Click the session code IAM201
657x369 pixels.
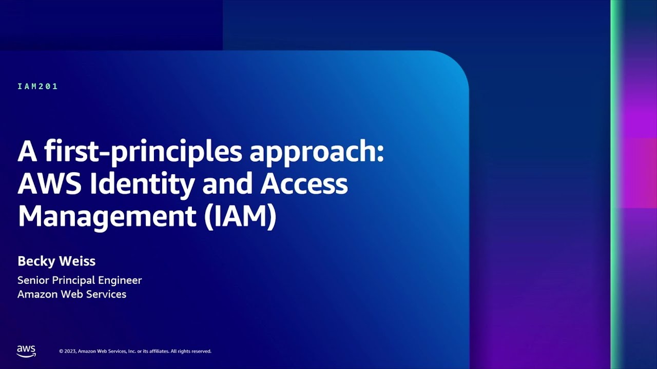click(x=37, y=87)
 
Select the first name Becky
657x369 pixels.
click(x=35, y=261)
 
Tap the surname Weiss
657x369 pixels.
click(x=76, y=261)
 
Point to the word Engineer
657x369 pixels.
click(x=121, y=281)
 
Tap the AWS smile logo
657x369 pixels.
click(x=26, y=351)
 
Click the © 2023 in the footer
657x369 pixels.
click(x=68, y=351)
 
